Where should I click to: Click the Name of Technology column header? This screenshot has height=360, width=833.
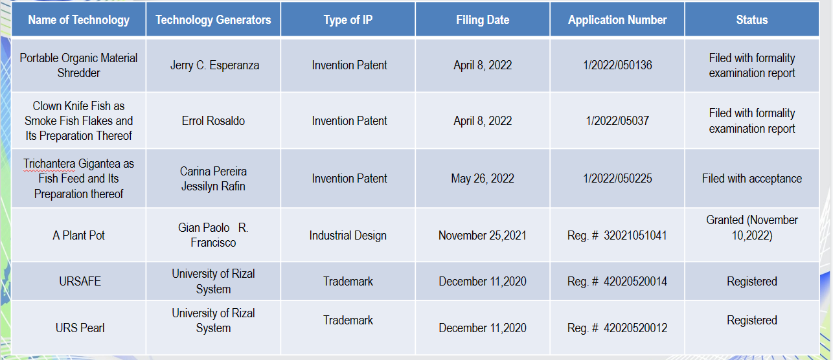pyautogui.click(x=78, y=19)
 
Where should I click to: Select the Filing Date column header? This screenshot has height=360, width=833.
pyautogui.click(x=483, y=19)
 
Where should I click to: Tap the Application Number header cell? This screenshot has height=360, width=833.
pyautogui.click(x=617, y=19)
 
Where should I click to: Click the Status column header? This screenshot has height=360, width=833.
pyautogui.click(x=752, y=19)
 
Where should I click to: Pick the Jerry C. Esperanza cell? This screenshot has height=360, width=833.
pyautogui.click(x=214, y=65)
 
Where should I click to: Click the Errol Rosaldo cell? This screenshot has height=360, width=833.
pyautogui.click(x=213, y=121)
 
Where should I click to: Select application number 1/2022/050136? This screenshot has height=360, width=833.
pyautogui.click(x=617, y=65)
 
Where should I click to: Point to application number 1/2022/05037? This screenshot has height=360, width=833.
pyautogui.click(x=617, y=121)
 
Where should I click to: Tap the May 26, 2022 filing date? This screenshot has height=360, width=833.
pyautogui.click(x=483, y=179)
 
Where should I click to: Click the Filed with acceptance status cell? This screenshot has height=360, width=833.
pyautogui.click(x=752, y=179)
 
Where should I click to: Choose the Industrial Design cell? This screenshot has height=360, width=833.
pyautogui.click(x=348, y=236)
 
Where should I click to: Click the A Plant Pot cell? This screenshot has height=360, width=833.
pyautogui.click(x=78, y=236)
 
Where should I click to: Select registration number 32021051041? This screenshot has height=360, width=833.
pyautogui.click(x=635, y=236)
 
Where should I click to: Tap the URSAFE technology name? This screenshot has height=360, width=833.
pyautogui.click(x=80, y=281)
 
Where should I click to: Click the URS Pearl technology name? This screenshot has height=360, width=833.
pyautogui.click(x=80, y=328)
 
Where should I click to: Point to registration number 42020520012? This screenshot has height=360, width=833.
pyautogui.click(x=635, y=328)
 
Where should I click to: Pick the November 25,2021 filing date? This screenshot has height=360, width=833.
pyautogui.click(x=483, y=236)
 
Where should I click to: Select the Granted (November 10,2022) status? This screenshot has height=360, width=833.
pyautogui.click(x=752, y=228)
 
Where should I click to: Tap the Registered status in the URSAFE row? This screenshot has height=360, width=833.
pyautogui.click(x=752, y=282)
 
